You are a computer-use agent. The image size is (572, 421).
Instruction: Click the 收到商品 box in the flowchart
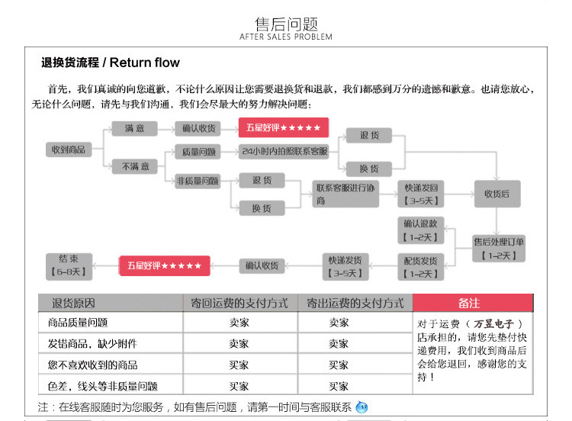pyautogui.click(x=69, y=150)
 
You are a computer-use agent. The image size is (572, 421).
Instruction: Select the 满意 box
pyautogui.click(x=135, y=128)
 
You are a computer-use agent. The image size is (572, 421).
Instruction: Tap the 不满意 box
pyautogui.click(x=135, y=166)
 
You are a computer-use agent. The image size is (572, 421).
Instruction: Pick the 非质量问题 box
pyautogui.click(x=197, y=182)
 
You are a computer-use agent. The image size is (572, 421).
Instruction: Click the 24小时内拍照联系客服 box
pyautogui.click(x=284, y=152)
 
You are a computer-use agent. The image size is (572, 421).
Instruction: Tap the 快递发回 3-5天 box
pyautogui.click(x=422, y=194)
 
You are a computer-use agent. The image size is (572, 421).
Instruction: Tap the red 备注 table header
pyautogui.click(x=470, y=303)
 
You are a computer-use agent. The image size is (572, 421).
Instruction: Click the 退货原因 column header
pyautogui.click(x=73, y=303)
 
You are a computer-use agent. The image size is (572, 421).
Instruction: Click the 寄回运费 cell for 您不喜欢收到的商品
pyautogui.click(x=239, y=365)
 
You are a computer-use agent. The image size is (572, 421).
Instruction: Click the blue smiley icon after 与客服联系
pyautogui.click(x=362, y=407)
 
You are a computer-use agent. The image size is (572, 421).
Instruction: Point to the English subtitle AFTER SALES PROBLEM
pyautogui.click(x=286, y=37)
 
